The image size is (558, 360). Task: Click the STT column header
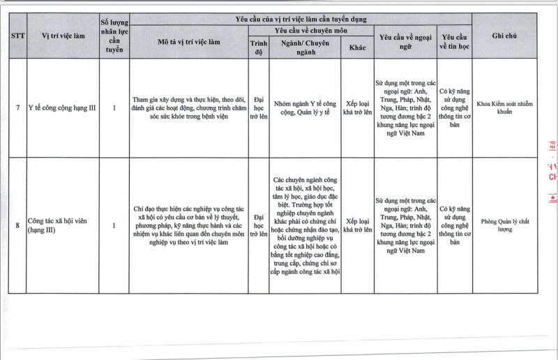17,36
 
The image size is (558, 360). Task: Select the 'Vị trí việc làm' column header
62,36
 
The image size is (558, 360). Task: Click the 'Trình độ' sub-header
259,47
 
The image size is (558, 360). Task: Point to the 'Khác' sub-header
357,47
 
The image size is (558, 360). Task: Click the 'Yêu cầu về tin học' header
455,41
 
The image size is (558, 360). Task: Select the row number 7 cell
17,108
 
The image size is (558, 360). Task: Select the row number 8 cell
17,225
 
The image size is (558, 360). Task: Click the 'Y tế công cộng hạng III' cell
61,108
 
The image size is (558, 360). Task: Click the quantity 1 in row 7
114,108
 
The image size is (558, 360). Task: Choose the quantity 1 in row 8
114,225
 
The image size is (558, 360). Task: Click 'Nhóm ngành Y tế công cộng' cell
305,108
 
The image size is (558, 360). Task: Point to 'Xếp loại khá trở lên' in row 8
357,225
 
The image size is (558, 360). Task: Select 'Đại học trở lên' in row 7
259,108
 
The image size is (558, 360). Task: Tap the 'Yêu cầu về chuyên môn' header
310,31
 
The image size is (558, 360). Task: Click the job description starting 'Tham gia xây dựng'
188,108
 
